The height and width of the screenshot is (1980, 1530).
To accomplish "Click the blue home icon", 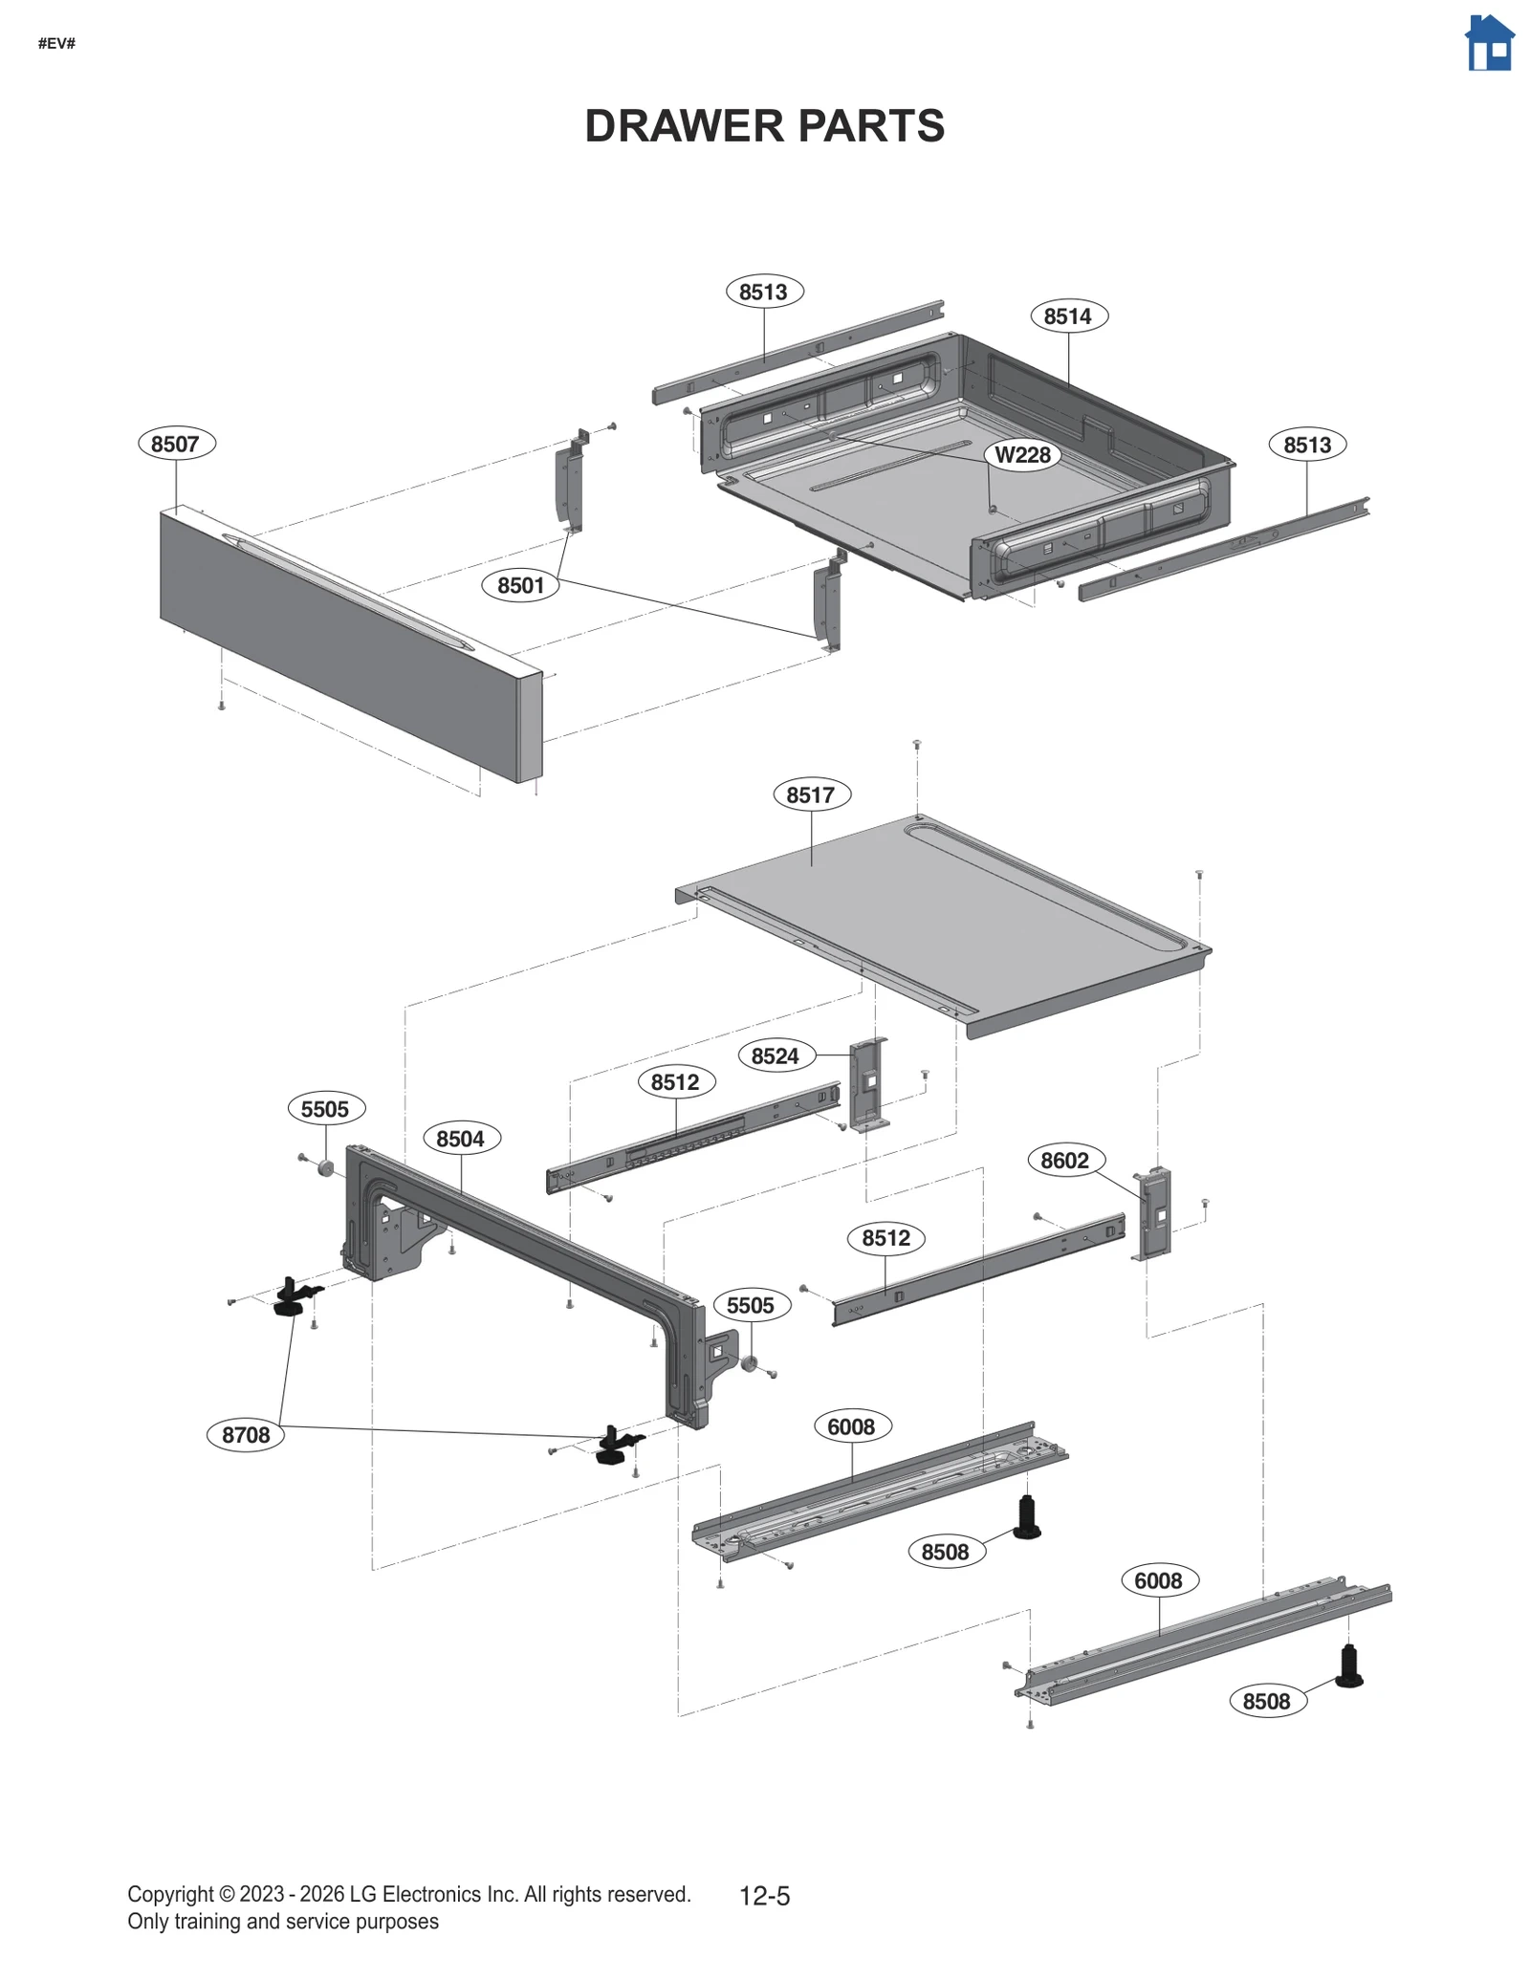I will tap(1489, 43).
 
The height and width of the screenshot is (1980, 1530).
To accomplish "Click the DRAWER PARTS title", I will tap(764, 126).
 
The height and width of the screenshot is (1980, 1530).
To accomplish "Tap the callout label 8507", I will tap(176, 444).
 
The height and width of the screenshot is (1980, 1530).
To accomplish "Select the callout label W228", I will tap(1022, 455).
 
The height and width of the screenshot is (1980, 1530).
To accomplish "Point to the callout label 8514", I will tap(1068, 316).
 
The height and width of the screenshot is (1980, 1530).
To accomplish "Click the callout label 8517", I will tap(811, 794).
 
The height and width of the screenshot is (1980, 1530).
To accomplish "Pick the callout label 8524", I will tap(776, 1055).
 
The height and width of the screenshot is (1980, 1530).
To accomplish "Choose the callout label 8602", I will tap(1065, 1161).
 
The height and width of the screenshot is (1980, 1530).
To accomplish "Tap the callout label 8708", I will tap(246, 1435).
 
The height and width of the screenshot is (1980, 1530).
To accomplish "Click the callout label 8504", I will tap(461, 1139).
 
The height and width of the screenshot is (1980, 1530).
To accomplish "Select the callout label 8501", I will tap(520, 585).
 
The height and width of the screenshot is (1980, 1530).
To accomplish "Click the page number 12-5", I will tap(764, 1896).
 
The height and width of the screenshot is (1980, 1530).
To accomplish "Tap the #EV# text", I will tap(56, 43).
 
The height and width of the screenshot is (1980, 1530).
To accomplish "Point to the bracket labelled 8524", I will tap(869, 1084).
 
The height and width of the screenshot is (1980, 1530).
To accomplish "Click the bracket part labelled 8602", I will tap(1155, 1213).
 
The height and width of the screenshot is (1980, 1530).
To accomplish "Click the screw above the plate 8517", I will tap(916, 743).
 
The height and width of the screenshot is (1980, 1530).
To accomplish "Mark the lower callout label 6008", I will tap(1158, 1581).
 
